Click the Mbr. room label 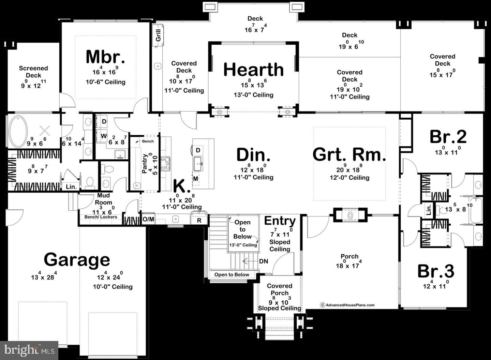(105, 57)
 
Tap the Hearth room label (253, 70)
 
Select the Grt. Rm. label (349, 154)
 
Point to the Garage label (77, 260)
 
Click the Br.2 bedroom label (448, 137)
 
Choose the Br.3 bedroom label (435, 271)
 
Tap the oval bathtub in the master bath (18, 131)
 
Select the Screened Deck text (33, 72)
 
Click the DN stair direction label (263, 261)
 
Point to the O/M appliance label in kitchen (148, 219)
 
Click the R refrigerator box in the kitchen (199, 221)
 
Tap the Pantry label (145, 163)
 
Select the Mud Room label (103, 199)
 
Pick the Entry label (280, 221)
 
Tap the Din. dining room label (253, 155)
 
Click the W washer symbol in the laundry (103, 136)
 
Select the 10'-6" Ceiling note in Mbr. (105, 82)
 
